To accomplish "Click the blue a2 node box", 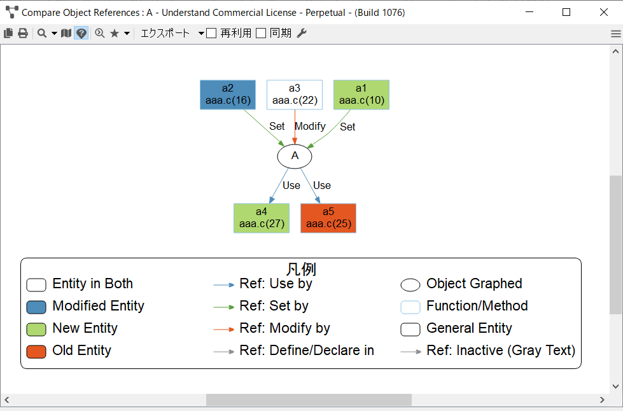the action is coord(228,95).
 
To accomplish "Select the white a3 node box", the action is coord(295,95).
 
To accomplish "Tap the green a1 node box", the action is coord(361,95).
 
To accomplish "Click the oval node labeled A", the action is coord(295,157).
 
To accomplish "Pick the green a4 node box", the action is coord(262,218).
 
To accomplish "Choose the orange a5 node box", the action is coord(328,218).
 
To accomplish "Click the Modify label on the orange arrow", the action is coord(311,126).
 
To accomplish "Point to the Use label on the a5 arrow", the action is coord(322,185).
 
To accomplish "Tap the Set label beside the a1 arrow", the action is coord(347,127).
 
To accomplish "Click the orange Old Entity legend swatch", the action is coord(36,351).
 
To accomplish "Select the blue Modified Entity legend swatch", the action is coord(36,307).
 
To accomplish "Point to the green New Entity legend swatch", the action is coord(36,329).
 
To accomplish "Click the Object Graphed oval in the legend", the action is coord(410,285).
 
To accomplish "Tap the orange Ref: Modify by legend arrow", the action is coord(224,329).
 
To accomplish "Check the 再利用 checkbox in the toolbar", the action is coord(211,33).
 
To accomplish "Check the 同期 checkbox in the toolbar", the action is coord(261,33).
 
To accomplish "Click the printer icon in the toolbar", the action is coord(23,33).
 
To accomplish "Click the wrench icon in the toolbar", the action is coord(302,33).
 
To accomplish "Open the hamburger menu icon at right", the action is coord(616,34).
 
